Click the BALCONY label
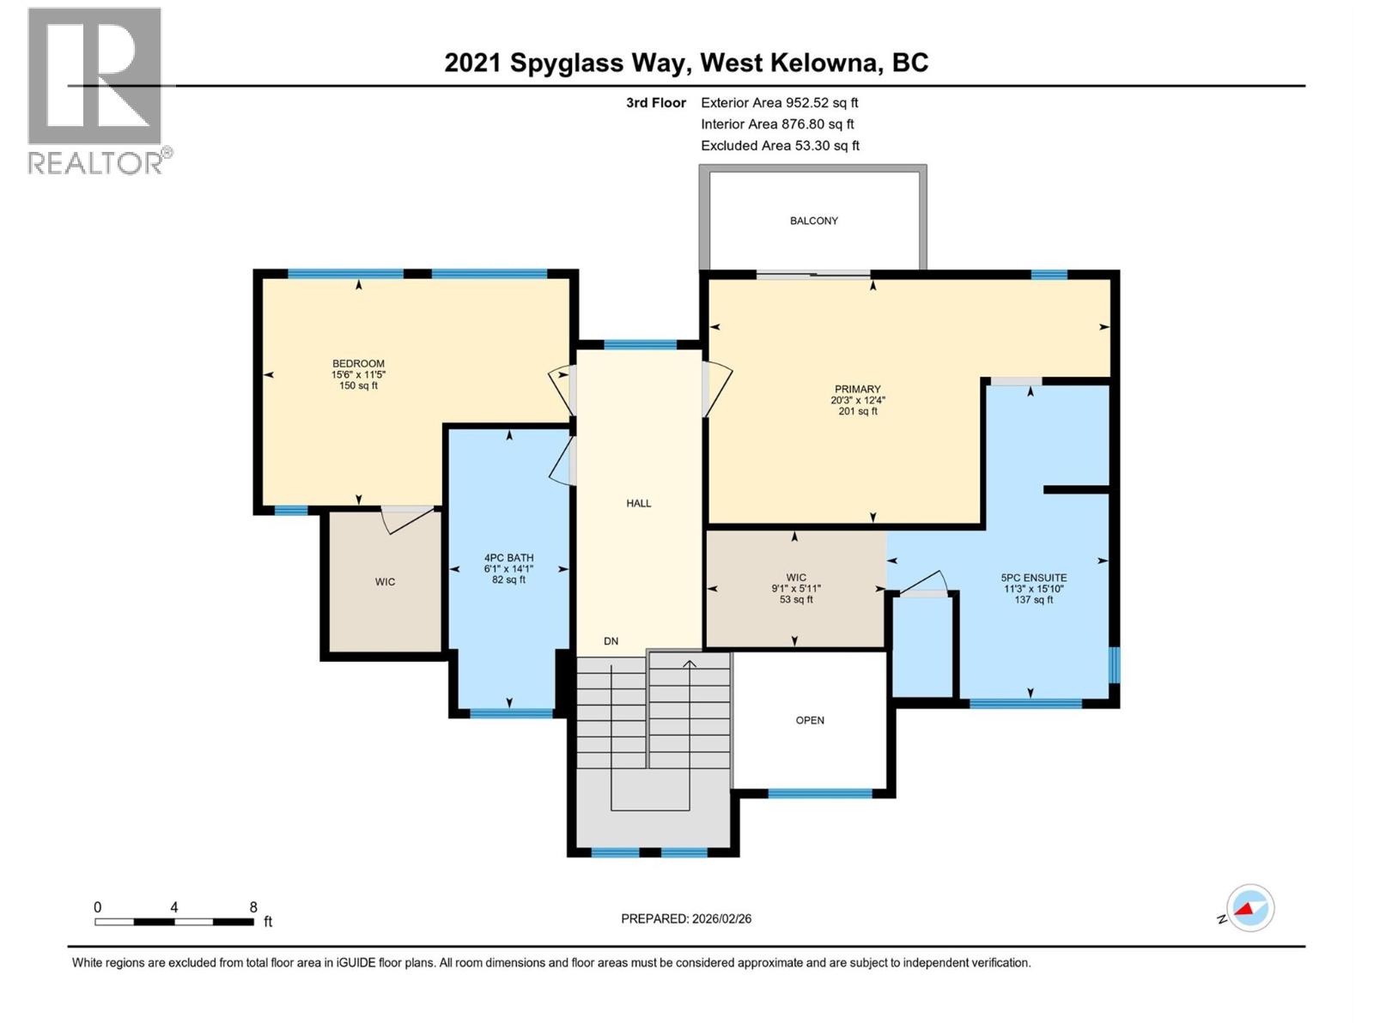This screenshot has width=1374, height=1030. [813, 221]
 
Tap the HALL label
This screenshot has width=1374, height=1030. [638, 503]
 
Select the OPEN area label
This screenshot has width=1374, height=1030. [810, 720]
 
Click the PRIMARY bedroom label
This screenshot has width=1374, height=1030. [857, 389]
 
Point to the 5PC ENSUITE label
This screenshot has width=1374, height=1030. [1033, 578]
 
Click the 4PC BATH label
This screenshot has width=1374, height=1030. [508, 557]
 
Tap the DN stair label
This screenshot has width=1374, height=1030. [611, 641]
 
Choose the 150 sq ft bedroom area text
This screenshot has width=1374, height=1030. [358, 386]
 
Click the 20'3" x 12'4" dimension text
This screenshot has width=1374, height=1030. [857, 400]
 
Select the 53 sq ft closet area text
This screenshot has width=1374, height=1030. [796, 600]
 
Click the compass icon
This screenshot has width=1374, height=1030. [1249, 908]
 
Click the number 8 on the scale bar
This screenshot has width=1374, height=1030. [253, 907]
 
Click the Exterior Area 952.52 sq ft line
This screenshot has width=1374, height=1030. [779, 102]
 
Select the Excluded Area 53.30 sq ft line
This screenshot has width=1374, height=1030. [780, 146]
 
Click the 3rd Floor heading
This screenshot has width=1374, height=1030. [655, 103]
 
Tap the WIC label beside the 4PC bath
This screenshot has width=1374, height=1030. [385, 582]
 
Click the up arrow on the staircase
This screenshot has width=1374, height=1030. [689, 663]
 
